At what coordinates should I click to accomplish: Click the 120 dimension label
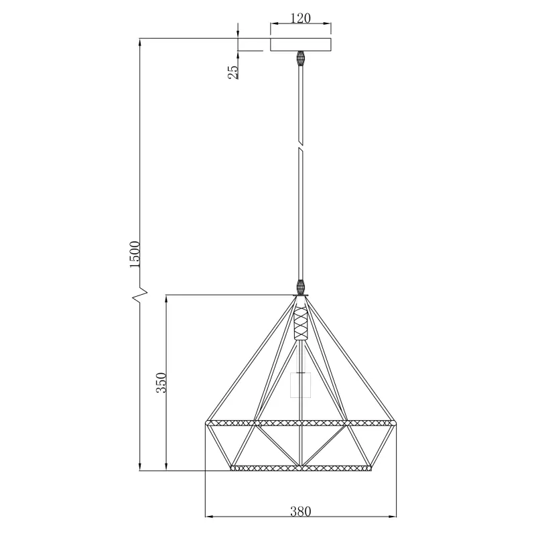point(301,18)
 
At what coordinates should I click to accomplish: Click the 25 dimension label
point(233,72)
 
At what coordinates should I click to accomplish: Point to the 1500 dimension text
point(135,254)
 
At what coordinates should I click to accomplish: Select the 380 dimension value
point(301,511)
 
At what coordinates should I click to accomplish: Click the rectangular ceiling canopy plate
point(301,45)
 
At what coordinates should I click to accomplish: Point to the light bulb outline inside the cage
point(301,385)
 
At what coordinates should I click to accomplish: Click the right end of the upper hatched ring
point(395,423)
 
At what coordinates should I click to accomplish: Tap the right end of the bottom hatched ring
point(369,468)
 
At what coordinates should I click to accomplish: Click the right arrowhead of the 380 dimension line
point(395,517)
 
